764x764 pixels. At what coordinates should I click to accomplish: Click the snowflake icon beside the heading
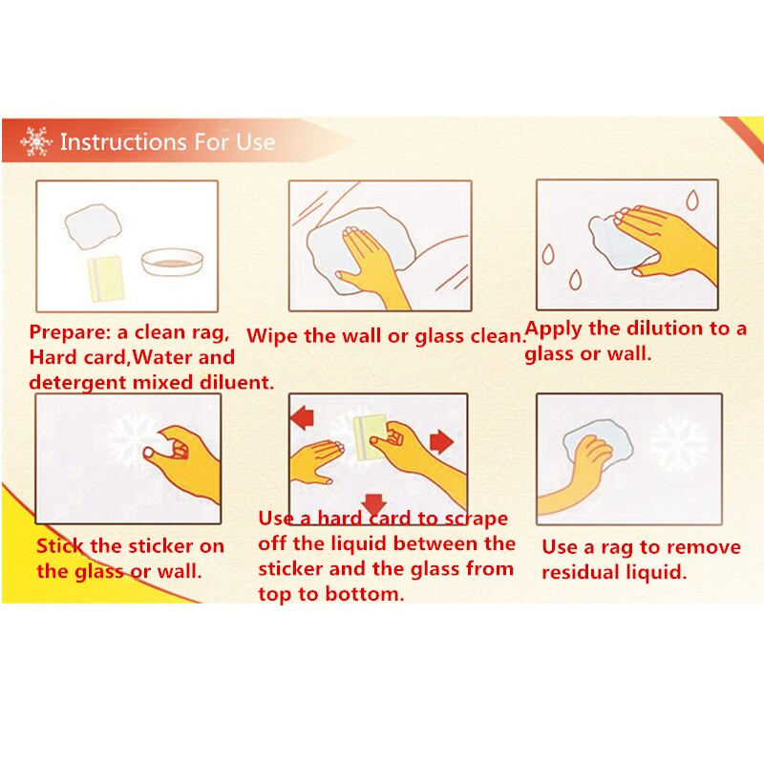point(35,141)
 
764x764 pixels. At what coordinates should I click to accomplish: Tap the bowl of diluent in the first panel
point(172,261)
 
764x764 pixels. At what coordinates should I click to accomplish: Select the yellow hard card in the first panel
point(106,279)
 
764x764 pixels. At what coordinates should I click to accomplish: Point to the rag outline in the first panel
point(93,227)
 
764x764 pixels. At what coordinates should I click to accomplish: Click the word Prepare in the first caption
point(71,332)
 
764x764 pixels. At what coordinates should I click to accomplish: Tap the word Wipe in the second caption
point(272,336)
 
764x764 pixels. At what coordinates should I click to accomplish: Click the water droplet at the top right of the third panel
point(691,200)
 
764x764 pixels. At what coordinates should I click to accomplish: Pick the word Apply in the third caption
point(554,329)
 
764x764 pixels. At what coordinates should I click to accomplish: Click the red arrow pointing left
point(302,417)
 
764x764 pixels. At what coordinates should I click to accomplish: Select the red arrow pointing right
point(442,441)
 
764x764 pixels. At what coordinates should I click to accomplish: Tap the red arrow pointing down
point(374,504)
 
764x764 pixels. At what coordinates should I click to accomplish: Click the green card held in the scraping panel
point(371,437)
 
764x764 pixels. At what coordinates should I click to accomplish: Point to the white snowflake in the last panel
point(679,445)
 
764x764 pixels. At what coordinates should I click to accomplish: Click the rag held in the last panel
point(598,446)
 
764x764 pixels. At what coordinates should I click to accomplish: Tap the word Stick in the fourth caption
point(60,546)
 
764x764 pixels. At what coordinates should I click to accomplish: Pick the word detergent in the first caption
point(78,383)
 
